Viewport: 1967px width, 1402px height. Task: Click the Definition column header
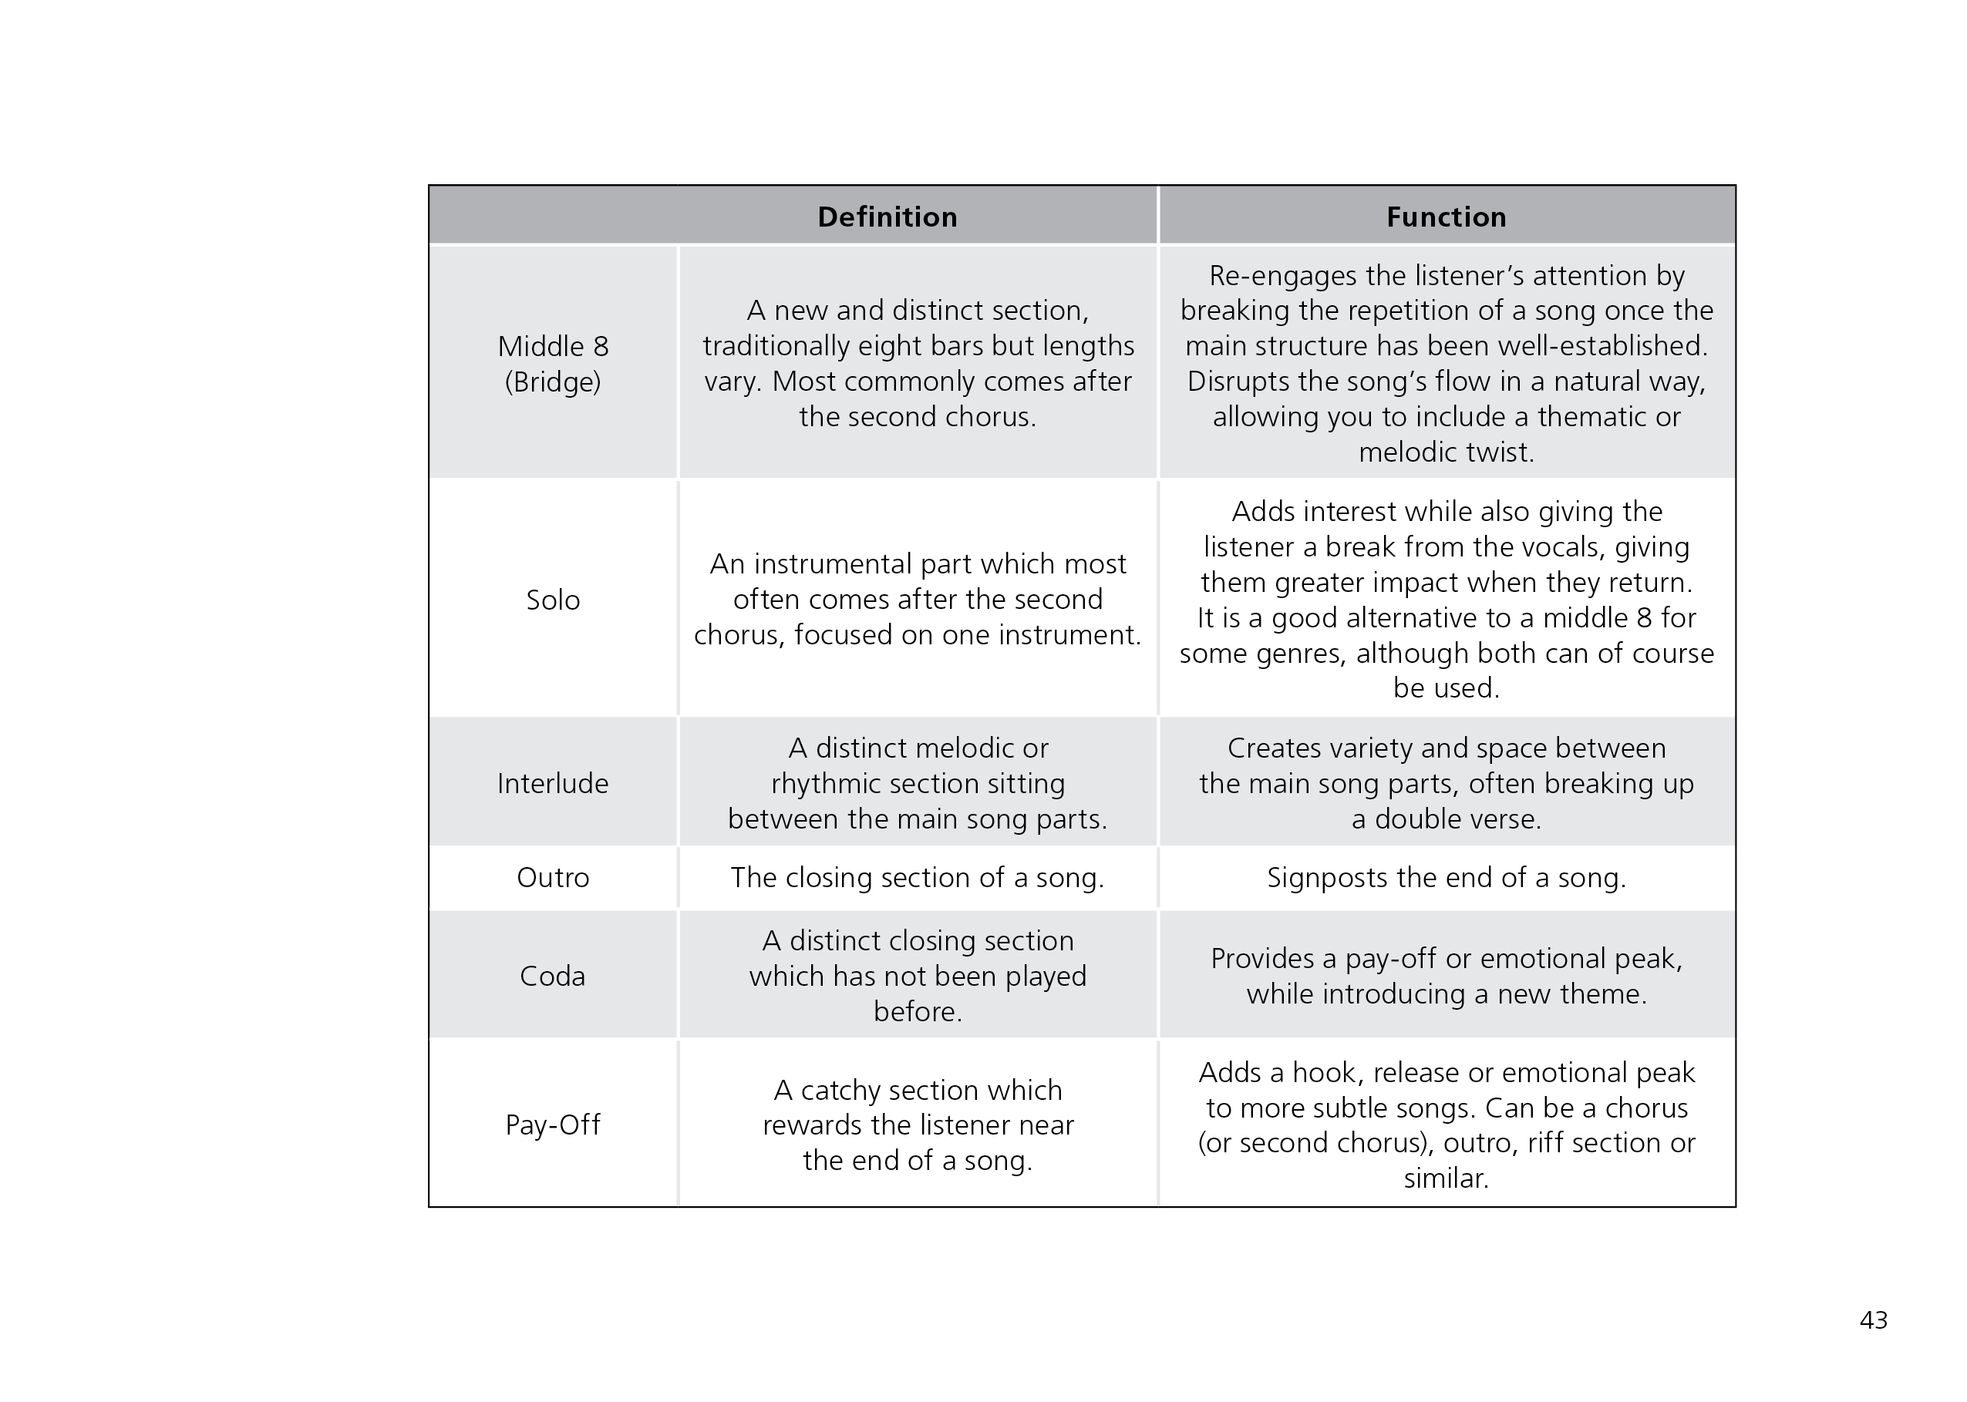(887, 217)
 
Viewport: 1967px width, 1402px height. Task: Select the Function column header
(1446, 217)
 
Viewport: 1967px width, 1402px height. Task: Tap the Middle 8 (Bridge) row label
(553, 364)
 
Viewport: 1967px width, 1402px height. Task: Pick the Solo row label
(553, 600)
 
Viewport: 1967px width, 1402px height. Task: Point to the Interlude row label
(553, 783)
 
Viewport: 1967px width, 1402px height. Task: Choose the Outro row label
(553, 877)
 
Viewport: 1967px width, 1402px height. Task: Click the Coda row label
(553, 976)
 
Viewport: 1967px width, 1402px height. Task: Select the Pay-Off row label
(553, 1124)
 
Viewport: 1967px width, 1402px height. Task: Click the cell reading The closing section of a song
(917, 877)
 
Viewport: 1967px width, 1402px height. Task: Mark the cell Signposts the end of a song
(1446, 877)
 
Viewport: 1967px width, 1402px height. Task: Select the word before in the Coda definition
(917, 1011)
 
